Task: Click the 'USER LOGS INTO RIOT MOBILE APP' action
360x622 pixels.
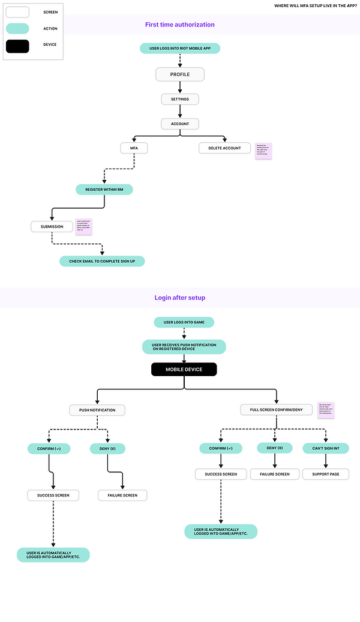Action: click(x=180, y=48)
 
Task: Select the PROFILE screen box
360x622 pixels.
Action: click(x=180, y=74)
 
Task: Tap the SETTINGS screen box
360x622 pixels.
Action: click(x=180, y=99)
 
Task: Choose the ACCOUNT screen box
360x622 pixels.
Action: click(x=180, y=124)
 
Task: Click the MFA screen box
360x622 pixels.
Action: click(x=134, y=148)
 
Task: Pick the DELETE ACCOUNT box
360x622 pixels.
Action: click(x=225, y=148)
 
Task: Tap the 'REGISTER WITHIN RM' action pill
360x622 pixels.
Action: click(x=104, y=189)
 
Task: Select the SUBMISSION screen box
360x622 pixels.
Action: click(x=52, y=226)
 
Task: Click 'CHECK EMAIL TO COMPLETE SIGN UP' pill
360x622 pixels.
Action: click(x=102, y=261)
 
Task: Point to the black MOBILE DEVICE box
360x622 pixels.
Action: click(x=184, y=369)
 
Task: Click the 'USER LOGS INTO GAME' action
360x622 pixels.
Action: click(x=184, y=322)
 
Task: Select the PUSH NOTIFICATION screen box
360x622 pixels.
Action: click(x=97, y=410)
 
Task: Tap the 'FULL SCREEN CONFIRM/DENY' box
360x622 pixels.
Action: click(x=277, y=410)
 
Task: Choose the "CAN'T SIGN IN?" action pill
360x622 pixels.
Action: click(x=326, y=448)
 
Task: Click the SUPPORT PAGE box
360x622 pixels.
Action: click(x=326, y=474)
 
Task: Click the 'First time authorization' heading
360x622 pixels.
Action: click(x=179, y=25)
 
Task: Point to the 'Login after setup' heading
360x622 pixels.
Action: click(x=179, y=298)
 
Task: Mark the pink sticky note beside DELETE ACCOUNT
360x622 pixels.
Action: click(x=263, y=151)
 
